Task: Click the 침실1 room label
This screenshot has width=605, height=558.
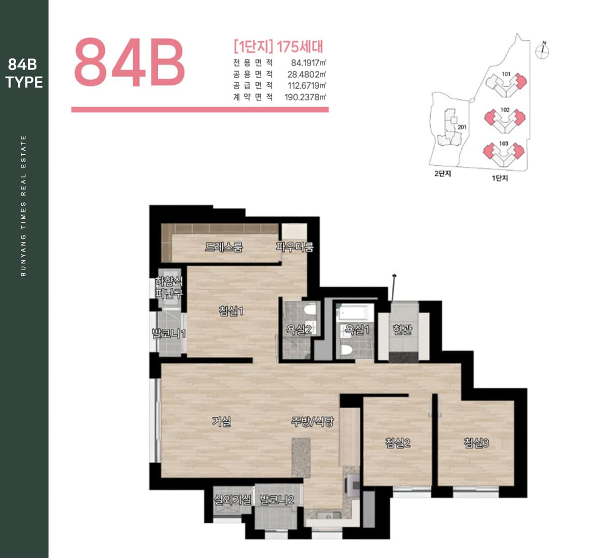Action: pos(231,311)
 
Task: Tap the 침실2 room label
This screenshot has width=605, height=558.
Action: pos(398,443)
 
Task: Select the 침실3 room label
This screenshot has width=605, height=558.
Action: pos(476,443)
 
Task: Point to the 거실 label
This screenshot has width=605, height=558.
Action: pos(221,422)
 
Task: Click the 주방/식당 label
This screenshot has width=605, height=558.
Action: pos(312,422)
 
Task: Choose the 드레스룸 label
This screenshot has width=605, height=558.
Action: pos(224,246)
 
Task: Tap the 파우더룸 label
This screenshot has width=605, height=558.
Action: pos(294,246)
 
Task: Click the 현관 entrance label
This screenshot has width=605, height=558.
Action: pos(402,329)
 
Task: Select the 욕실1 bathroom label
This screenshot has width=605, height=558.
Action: pos(357,329)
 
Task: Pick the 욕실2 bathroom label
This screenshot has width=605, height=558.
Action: pos(299,329)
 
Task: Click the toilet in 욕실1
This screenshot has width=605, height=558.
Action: pos(346,350)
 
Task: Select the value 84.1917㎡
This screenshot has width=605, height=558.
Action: pos(308,63)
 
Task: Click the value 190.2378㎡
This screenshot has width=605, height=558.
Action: pos(305,97)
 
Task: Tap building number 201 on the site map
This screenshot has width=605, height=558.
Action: pos(462,127)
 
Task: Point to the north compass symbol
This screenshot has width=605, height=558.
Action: pos(542,50)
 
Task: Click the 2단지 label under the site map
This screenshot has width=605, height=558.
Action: pos(443,173)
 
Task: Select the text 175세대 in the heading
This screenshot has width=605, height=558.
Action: pos(300,47)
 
